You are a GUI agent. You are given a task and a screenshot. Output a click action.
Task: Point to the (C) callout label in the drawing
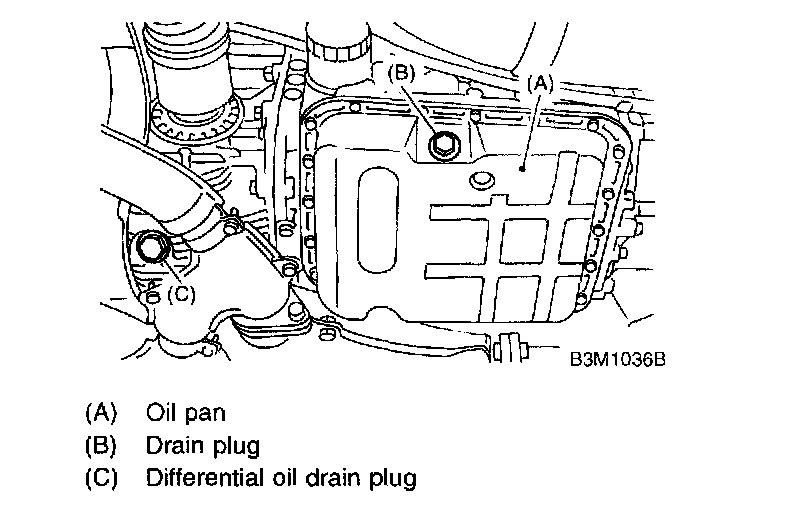point(181,293)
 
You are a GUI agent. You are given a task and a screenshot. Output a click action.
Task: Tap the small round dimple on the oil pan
point(482,181)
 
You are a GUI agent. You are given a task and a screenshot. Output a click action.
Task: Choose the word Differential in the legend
point(199,478)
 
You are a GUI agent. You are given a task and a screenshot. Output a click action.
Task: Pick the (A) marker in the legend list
point(101,412)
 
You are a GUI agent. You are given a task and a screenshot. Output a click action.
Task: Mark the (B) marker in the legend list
point(101,445)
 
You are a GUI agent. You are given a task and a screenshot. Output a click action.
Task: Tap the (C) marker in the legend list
point(101,478)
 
